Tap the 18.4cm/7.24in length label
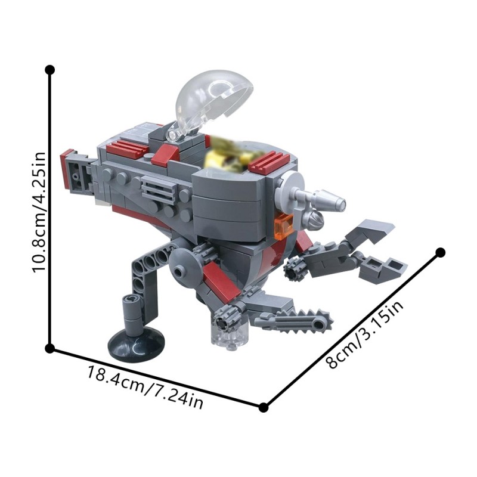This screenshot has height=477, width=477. pyautogui.click(x=145, y=388)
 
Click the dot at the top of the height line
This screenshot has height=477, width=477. pyautogui.click(x=50, y=70)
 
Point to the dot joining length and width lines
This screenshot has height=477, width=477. pyautogui.click(x=264, y=407)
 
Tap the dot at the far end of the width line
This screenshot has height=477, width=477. pyautogui.click(x=441, y=252)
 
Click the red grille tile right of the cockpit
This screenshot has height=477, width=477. pyautogui.click(x=269, y=161)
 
